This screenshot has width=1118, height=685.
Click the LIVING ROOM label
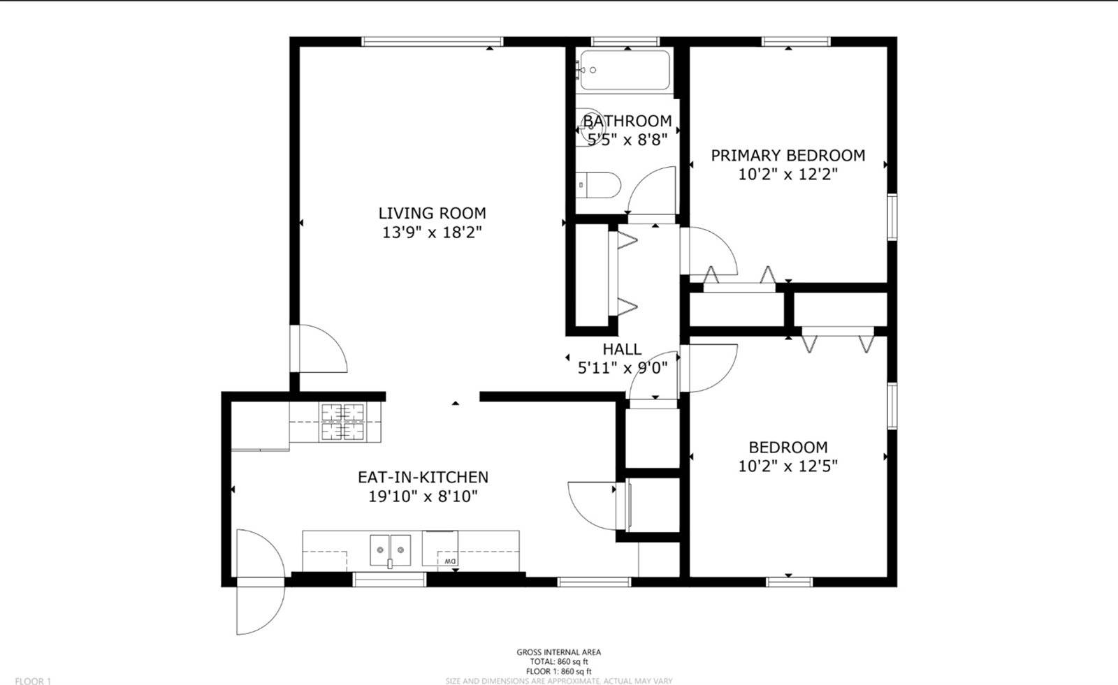pyautogui.click(x=432, y=214)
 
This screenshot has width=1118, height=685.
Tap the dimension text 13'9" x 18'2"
pyautogui.click(x=432, y=233)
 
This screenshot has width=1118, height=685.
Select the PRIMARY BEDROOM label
pyautogui.click(x=787, y=156)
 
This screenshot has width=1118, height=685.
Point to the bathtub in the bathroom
pyautogui.click(x=625, y=70)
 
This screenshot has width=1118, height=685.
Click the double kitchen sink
pyautogui.click(x=390, y=550)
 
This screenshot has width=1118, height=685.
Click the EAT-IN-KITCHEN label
pyautogui.click(x=423, y=478)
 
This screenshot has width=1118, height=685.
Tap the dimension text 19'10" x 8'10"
pyautogui.click(x=423, y=497)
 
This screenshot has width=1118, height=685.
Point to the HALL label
pyautogui.click(x=622, y=349)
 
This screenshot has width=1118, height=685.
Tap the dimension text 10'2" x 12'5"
pyautogui.click(x=787, y=466)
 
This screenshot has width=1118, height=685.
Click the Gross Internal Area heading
pyautogui.click(x=558, y=652)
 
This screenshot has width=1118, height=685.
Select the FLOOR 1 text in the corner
pyautogui.click(x=33, y=681)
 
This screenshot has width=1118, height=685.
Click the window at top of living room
pyautogui.click(x=432, y=42)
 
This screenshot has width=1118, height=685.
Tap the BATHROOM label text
pyautogui.click(x=627, y=121)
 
